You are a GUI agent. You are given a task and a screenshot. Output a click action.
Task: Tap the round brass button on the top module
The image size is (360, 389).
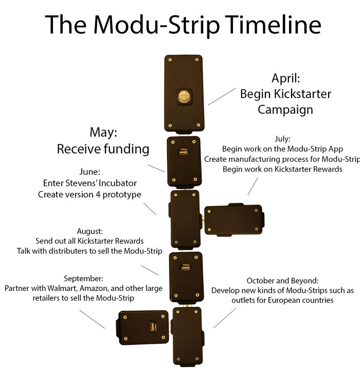point(183,96)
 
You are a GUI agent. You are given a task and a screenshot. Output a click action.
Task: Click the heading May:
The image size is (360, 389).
point(103,133)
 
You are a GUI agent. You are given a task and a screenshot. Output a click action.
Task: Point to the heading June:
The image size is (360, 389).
point(91,172)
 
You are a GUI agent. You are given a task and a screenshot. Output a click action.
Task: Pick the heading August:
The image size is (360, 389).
point(90,231)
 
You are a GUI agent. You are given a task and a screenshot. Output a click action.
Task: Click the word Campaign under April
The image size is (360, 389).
point(286,109)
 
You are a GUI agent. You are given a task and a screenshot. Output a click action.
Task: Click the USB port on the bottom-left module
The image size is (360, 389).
point(152,327)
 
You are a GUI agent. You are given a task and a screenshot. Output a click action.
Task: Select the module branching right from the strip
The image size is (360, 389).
point(233,219)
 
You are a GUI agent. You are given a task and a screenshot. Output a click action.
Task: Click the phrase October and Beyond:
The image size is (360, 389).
point(283,281)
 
